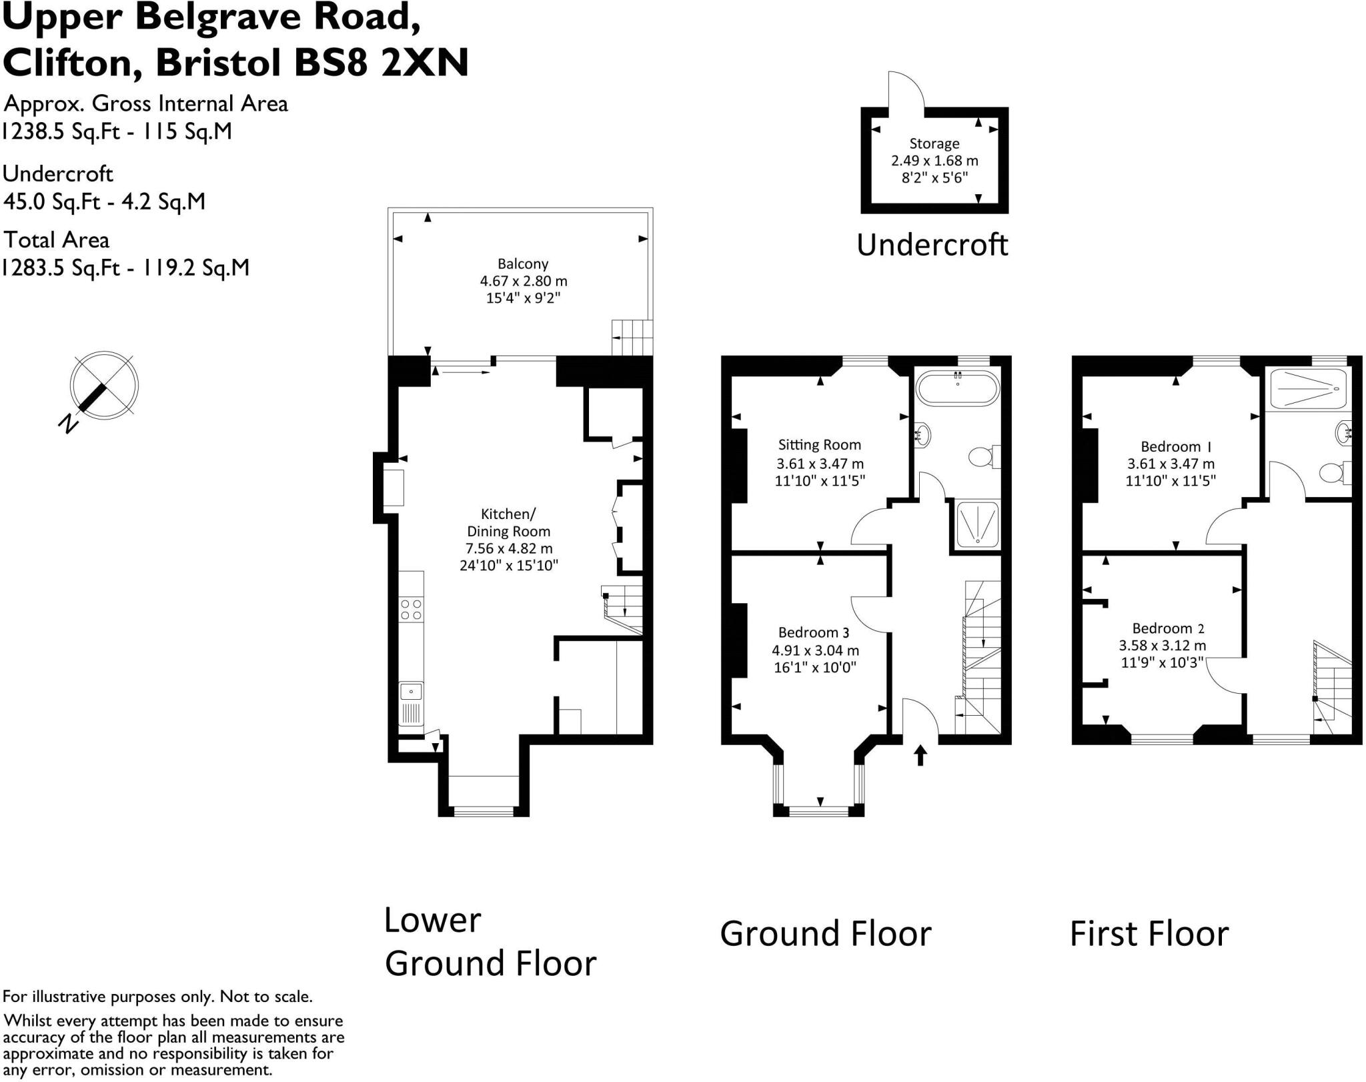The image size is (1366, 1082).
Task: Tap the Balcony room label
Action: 523,264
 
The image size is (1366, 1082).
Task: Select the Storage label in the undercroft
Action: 934,144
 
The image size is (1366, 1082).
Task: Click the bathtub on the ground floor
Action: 958,388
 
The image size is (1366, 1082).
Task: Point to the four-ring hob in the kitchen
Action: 411,610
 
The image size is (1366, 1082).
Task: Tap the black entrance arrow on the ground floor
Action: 920,755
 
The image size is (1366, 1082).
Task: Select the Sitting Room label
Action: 820,445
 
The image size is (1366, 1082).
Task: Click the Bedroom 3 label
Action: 814,632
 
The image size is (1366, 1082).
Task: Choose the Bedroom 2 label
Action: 1168,628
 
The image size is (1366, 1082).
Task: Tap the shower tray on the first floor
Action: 1309,389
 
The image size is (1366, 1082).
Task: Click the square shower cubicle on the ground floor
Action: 978,524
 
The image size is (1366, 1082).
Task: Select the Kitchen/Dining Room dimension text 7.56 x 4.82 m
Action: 509,549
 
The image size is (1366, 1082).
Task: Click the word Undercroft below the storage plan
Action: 932,245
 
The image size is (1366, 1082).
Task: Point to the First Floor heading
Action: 1149,933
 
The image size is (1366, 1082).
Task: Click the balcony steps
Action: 632,338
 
